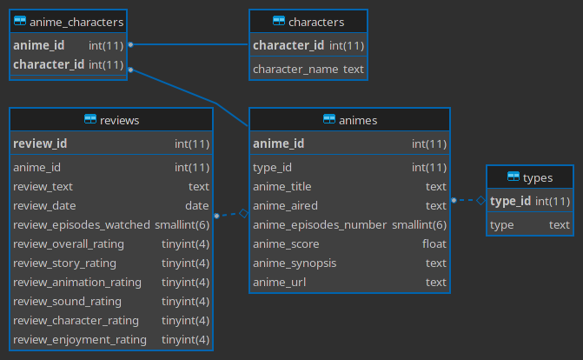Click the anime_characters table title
click(76, 22)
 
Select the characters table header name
click(316, 22)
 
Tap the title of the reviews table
click(120, 120)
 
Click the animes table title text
click(356, 120)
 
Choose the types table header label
click(538, 177)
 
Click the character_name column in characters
click(295, 69)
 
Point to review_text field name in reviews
click(43, 186)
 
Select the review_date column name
click(45, 205)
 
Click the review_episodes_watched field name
click(82, 224)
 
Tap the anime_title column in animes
click(282, 186)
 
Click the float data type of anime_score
click(434, 243)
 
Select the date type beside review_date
click(197, 205)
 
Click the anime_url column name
click(279, 282)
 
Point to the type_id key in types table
click(511, 201)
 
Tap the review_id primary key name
click(40, 143)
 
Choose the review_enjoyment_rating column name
click(80, 339)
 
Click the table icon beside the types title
click(513, 177)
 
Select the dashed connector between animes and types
click(467, 201)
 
